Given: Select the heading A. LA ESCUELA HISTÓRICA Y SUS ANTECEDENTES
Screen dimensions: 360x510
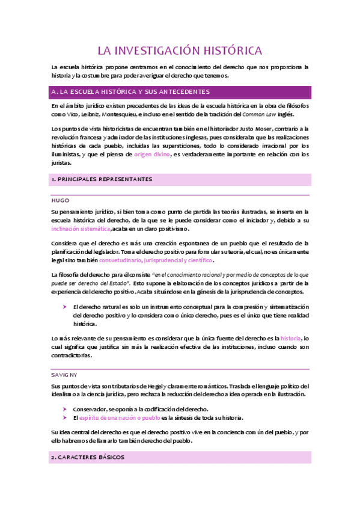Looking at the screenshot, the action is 131,92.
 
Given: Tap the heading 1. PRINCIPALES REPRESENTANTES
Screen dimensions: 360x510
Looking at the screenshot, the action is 102,179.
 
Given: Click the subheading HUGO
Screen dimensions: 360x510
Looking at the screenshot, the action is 61,200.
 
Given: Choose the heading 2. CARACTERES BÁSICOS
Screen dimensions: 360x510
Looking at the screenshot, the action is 88,457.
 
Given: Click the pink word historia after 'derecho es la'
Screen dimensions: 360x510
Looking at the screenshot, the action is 290,339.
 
